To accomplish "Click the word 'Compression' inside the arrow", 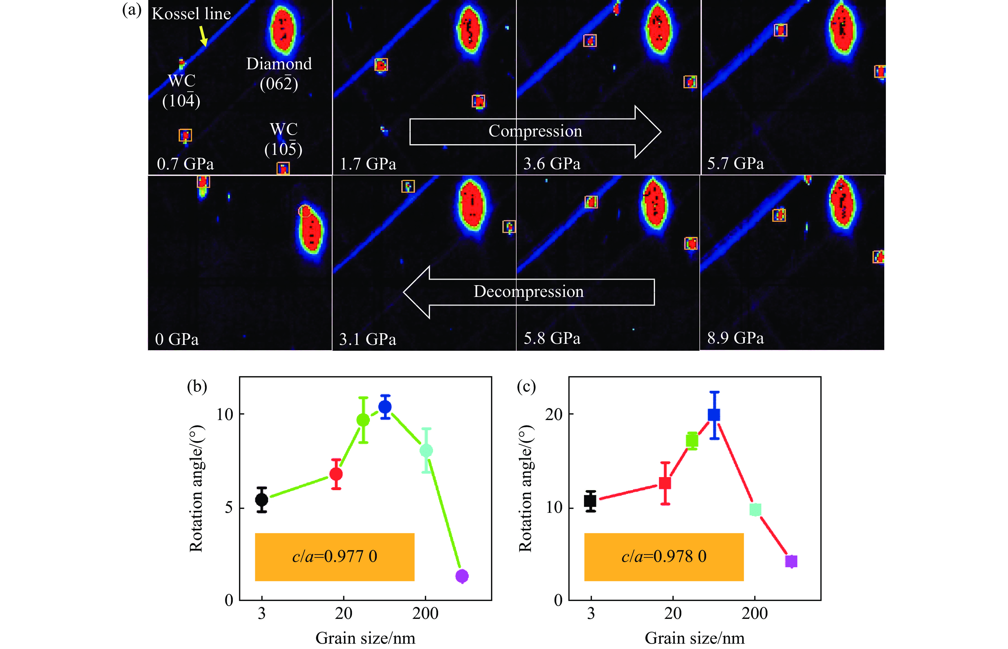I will [x=535, y=131].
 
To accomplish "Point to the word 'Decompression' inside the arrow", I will [x=529, y=292].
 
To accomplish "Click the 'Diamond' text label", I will [x=279, y=64].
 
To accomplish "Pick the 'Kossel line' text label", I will [x=191, y=14].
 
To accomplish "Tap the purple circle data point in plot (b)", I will [x=462, y=576].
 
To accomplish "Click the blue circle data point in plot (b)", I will [x=385, y=407].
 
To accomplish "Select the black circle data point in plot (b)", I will [x=262, y=499].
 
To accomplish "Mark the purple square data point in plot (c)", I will [x=791, y=561].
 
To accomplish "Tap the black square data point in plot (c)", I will [x=590, y=501].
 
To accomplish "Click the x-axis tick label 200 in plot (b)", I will [x=425, y=614].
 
